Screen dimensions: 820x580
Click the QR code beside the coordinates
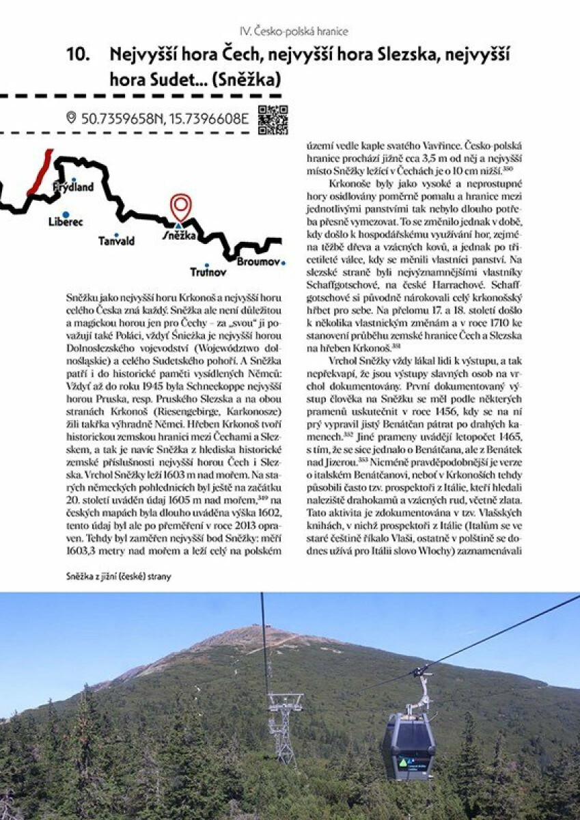pos(273,120)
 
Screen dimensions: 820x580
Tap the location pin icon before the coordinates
pos(71,118)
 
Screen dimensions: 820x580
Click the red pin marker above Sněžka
pos(180,206)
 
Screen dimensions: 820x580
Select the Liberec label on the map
pos(66,222)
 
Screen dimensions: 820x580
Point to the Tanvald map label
pos(116,241)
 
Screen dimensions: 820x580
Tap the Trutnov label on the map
pos(208,273)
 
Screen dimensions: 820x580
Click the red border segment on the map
pos(40,174)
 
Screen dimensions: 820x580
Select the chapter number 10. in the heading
pos(79,55)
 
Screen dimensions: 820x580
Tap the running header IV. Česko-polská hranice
pos(294,31)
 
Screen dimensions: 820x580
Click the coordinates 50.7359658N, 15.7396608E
pos(165,119)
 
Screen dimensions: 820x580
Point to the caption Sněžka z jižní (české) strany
pos(119,577)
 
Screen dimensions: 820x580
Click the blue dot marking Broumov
pos(283,262)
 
